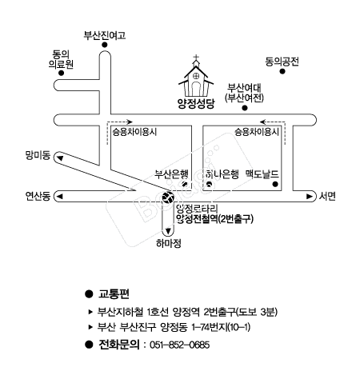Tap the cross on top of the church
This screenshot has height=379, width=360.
point(196,57)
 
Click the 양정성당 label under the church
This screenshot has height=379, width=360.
point(196,103)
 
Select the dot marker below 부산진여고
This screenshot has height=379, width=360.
point(105,45)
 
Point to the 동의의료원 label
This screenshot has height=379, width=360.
point(61,59)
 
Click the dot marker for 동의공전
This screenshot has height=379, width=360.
point(282,71)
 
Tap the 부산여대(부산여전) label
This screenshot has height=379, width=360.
point(244,93)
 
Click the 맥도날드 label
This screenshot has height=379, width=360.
point(262,174)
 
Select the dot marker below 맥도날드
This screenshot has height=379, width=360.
point(275,184)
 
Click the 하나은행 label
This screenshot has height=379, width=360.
point(222,174)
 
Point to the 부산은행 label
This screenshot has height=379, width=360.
point(172,174)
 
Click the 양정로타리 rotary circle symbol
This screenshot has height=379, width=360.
point(168,197)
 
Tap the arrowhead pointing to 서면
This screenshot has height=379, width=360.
point(310,197)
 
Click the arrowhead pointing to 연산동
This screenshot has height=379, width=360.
point(60,197)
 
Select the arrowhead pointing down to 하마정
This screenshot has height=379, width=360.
point(168,231)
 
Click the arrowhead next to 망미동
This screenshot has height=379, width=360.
point(60,158)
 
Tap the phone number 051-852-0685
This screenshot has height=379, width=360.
point(179,345)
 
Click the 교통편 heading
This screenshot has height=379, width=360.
point(114,293)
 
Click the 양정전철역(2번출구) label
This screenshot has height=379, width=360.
point(214,219)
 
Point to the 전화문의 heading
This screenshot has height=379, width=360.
point(119,345)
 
